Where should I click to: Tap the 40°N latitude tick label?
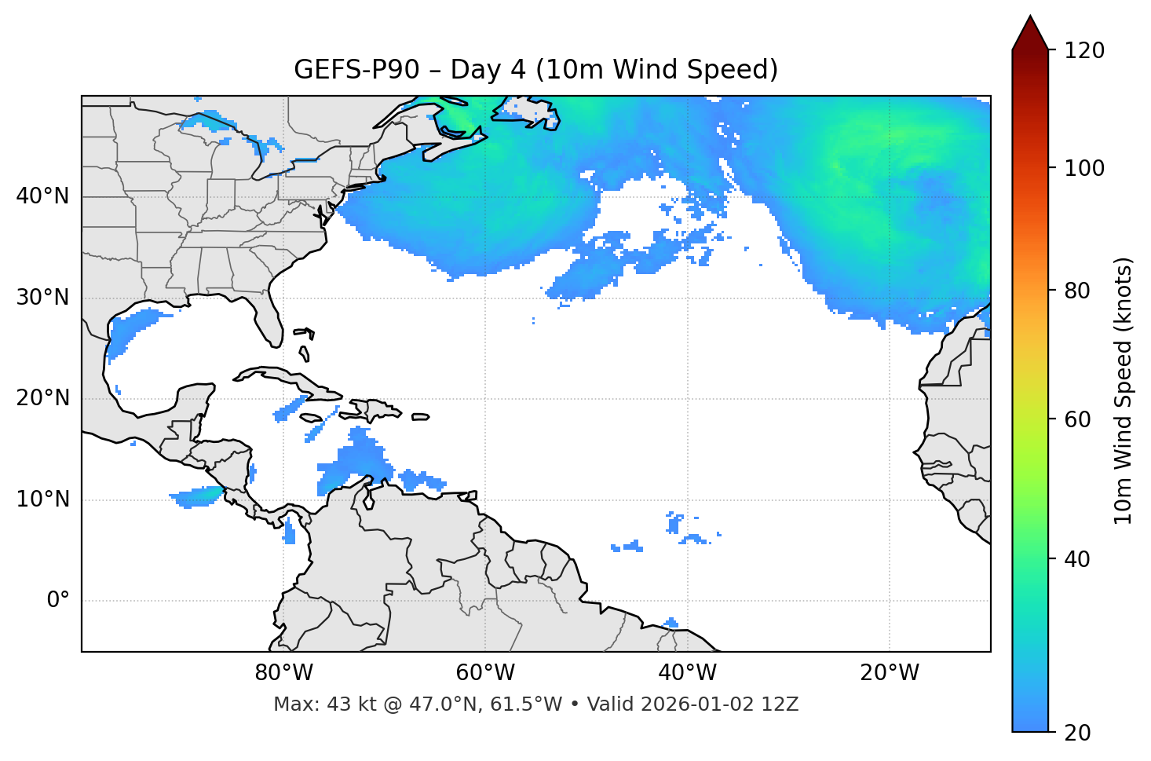click(x=42, y=196)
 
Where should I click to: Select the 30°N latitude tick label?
click(x=42, y=298)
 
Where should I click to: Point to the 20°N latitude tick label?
click(x=42, y=398)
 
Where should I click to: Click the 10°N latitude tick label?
click(x=42, y=499)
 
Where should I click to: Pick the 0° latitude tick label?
click(x=58, y=601)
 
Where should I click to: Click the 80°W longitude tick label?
click(x=283, y=673)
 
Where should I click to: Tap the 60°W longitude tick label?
click(x=485, y=673)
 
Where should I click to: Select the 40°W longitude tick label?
click(x=687, y=673)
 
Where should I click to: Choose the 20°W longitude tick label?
click(x=889, y=673)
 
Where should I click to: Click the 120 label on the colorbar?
click(x=1083, y=50)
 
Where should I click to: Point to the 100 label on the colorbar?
click(x=1083, y=168)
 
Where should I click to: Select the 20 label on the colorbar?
click(x=1077, y=733)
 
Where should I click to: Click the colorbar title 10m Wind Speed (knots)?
click(x=1124, y=391)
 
